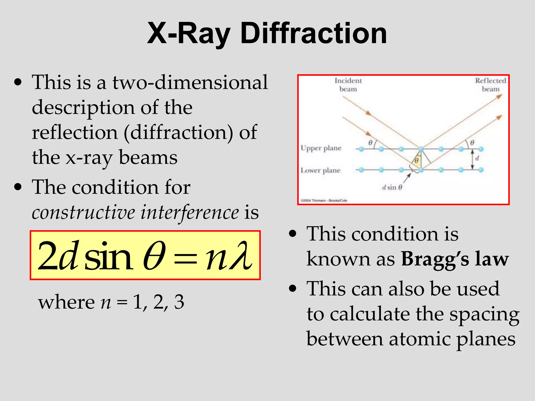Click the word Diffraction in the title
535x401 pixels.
[x=313, y=33]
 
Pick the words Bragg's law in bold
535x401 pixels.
[x=455, y=259]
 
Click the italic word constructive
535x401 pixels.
[x=83, y=212]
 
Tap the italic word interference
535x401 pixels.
[x=190, y=212]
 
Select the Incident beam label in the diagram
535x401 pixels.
[x=348, y=85]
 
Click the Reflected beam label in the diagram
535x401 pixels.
[x=490, y=85]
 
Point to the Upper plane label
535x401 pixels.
[x=321, y=148]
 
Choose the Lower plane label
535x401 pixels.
[x=321, y=170]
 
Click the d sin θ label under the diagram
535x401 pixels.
[x=392, y=187]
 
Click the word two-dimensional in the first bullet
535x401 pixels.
[x=190, y=82]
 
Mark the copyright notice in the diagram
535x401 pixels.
[x=324, y=200]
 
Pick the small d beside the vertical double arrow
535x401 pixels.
[x=477, y=158]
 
